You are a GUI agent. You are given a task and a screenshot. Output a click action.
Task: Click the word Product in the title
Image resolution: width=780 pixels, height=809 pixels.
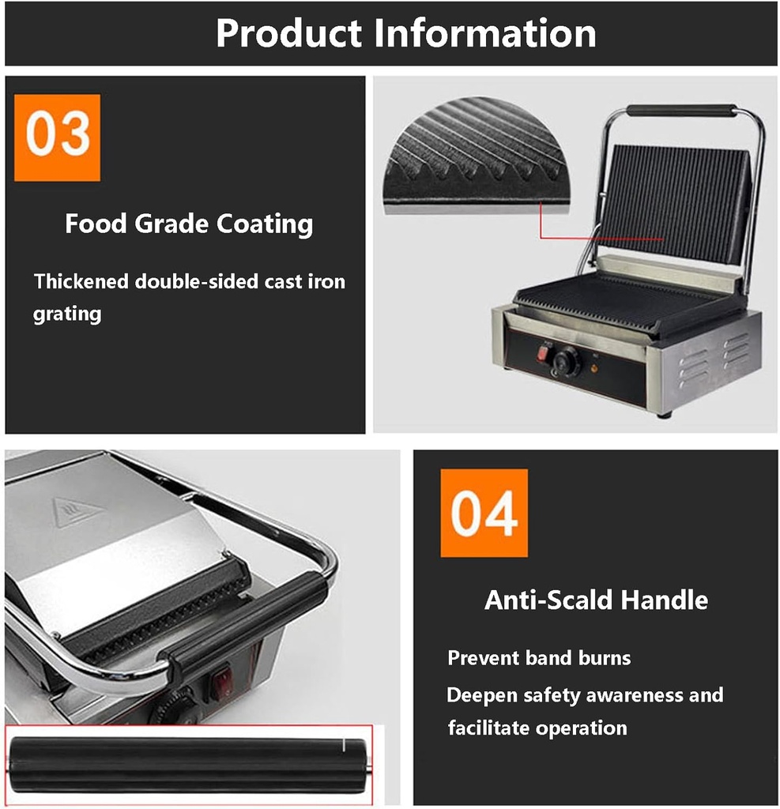288,34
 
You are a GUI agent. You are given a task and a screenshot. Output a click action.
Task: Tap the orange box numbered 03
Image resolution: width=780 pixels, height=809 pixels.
57,137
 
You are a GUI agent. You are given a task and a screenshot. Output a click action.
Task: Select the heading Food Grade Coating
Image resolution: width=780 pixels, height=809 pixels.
189,224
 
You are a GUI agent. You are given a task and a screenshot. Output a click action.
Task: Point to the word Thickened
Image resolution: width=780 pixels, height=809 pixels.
81,281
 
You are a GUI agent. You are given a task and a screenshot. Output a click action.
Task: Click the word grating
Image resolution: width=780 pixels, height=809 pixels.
67,314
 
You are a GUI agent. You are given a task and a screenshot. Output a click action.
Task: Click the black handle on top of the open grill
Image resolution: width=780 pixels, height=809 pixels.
681,111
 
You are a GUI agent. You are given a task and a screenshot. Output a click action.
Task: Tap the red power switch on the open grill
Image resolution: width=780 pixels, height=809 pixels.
544,353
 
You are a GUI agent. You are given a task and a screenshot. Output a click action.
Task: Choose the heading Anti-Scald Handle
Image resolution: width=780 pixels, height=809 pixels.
596,600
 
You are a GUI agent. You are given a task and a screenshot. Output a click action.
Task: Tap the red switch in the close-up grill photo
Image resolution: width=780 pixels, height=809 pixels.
221,680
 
